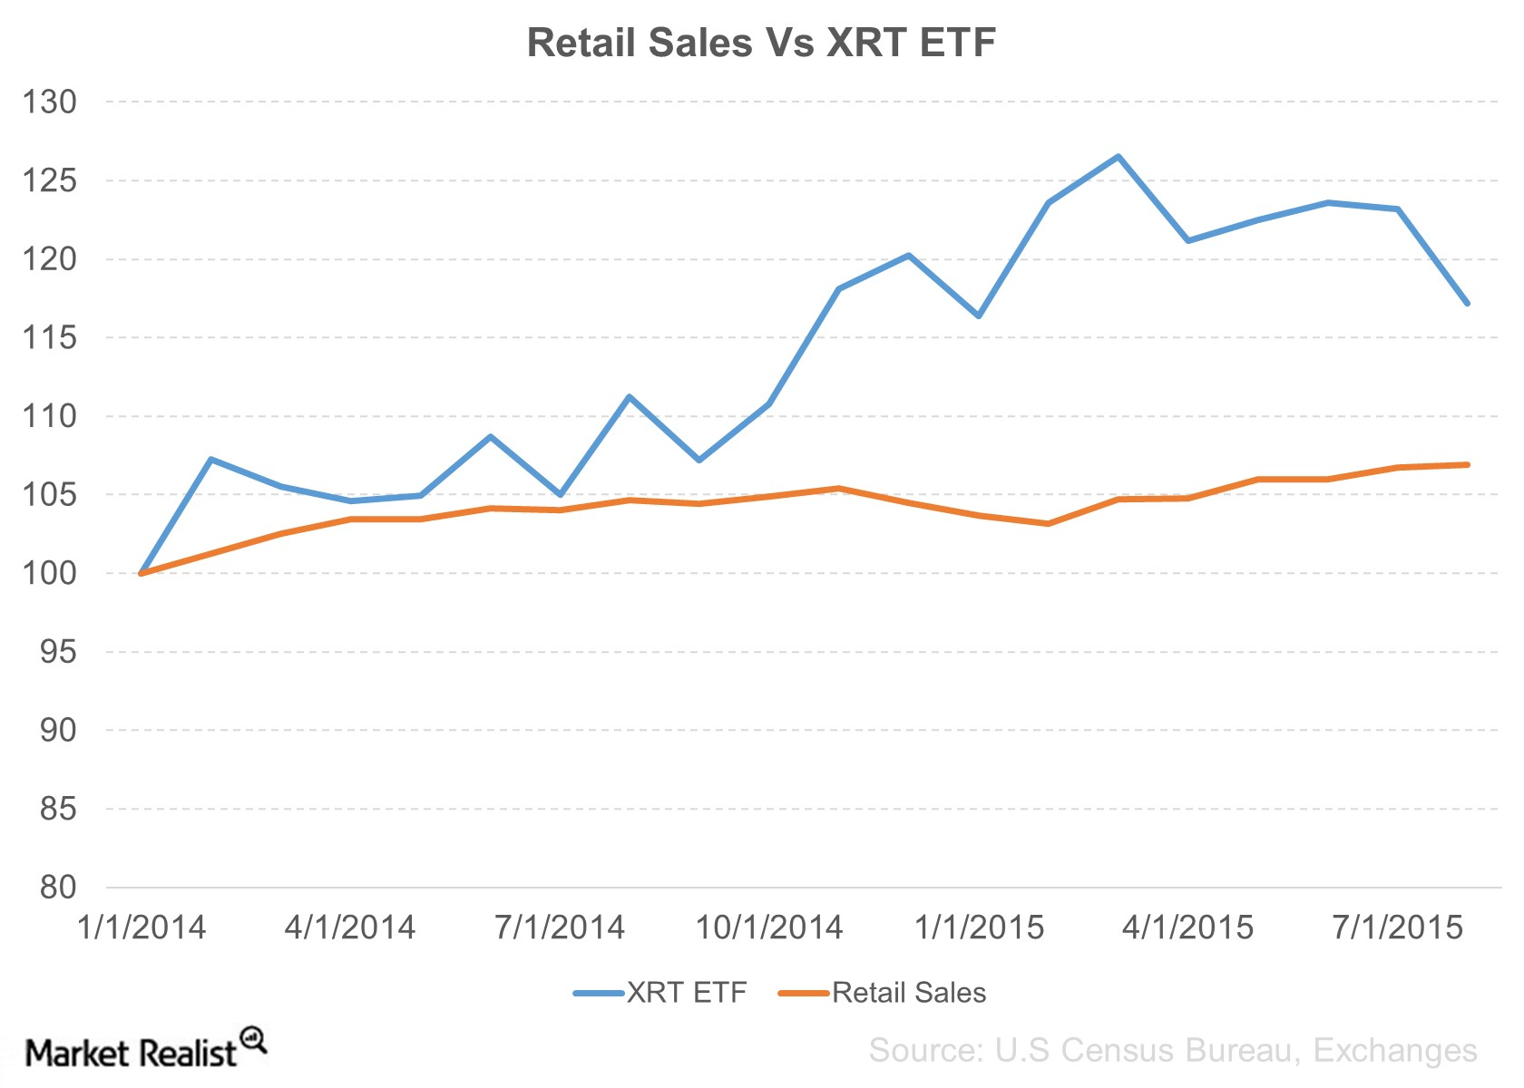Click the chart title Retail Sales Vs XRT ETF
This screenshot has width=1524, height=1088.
point(761,43)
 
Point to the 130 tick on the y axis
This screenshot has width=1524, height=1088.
point(50,102)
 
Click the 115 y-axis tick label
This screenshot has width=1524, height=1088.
point(50,338)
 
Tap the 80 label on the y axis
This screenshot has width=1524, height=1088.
point(58,887)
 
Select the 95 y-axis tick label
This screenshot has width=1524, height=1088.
point(58,652)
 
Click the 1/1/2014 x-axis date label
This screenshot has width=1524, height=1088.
point(142,928)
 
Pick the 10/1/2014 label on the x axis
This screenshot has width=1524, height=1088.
point(769,928)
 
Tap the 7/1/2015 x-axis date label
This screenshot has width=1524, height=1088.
point(1398,928)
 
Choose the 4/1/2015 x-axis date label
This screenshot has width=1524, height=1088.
point(1188,928)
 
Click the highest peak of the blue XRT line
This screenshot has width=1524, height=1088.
point(1119,156)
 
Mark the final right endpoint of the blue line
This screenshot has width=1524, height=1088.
point(1467,303)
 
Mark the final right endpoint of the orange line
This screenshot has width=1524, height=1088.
point(1467,464)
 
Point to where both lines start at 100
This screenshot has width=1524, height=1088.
point(142,573)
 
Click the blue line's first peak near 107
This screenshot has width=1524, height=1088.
point(210,459)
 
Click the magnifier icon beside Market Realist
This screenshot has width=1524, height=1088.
point(253,1039)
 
